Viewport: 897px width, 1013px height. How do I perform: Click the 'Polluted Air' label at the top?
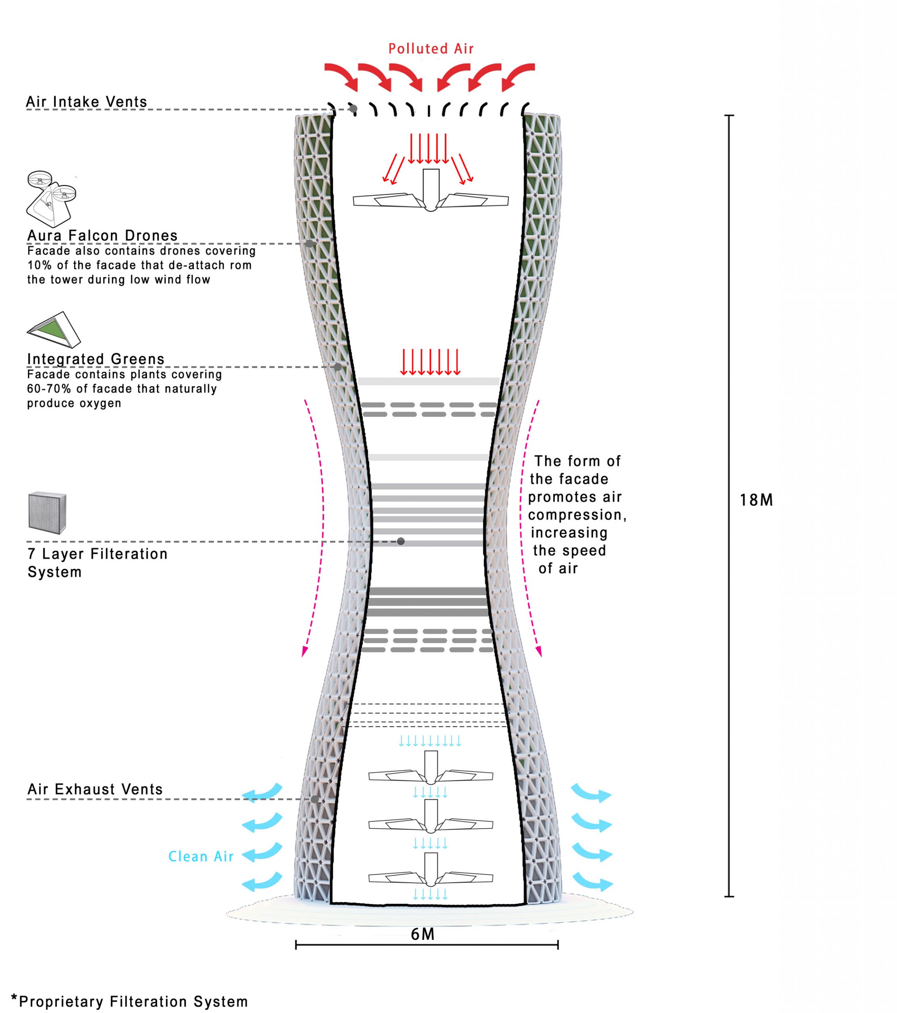click(x=430, y=49)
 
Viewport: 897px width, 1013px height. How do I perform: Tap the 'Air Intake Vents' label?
click(x=87, y=102)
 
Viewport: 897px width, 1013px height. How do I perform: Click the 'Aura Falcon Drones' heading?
click(x=102, y=235)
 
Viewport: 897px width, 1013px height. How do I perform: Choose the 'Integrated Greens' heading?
click(x=96, y=359)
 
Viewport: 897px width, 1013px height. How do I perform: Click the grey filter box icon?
click(x=47, y=513)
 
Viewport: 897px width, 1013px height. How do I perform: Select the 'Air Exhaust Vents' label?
click(x=95, y=789)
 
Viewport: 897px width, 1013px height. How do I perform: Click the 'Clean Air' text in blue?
click(x=201, y=856)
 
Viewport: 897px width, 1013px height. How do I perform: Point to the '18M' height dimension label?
click(x=756, y=500)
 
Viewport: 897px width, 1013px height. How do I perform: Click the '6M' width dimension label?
click(x=423, y=934)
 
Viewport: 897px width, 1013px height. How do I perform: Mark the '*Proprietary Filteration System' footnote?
click(x=129, y=1001)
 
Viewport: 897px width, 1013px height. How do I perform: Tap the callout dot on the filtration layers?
click(x=401, y=542)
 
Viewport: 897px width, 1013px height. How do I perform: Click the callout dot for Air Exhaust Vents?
click(x=315, y=799)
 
